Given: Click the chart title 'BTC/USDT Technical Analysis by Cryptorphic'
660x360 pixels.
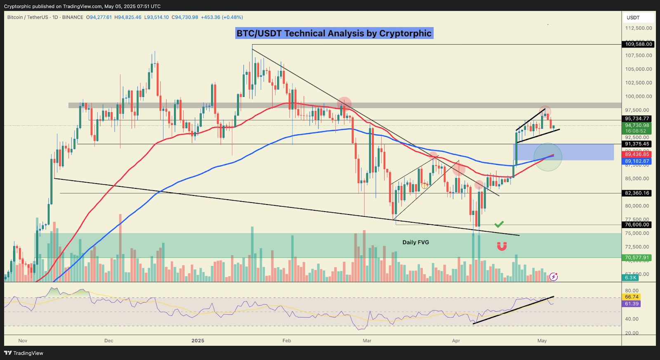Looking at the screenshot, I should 334,33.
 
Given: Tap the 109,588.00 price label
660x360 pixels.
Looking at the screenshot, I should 638,44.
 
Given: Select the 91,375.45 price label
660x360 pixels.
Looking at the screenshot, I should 637,144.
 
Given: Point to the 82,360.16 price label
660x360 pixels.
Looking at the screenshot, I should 637,193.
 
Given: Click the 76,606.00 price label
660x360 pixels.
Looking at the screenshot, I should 637,225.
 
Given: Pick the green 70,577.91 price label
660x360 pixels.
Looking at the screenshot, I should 637,258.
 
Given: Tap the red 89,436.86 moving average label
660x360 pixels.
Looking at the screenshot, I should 637,154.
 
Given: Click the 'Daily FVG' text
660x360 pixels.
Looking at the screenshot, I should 416,242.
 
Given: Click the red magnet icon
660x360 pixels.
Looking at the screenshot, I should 502,246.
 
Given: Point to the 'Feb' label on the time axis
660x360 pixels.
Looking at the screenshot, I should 286,341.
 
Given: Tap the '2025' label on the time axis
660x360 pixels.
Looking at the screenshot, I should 198,341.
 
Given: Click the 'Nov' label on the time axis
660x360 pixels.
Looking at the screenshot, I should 23,341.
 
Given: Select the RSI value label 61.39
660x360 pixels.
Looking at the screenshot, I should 632,304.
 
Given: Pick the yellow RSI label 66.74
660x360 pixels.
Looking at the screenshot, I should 632,297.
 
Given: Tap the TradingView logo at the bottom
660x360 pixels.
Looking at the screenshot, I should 24,353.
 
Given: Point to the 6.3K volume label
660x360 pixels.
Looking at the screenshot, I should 631,278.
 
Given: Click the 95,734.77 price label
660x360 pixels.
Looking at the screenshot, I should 637,119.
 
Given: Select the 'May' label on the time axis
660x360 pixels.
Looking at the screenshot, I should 542,341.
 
